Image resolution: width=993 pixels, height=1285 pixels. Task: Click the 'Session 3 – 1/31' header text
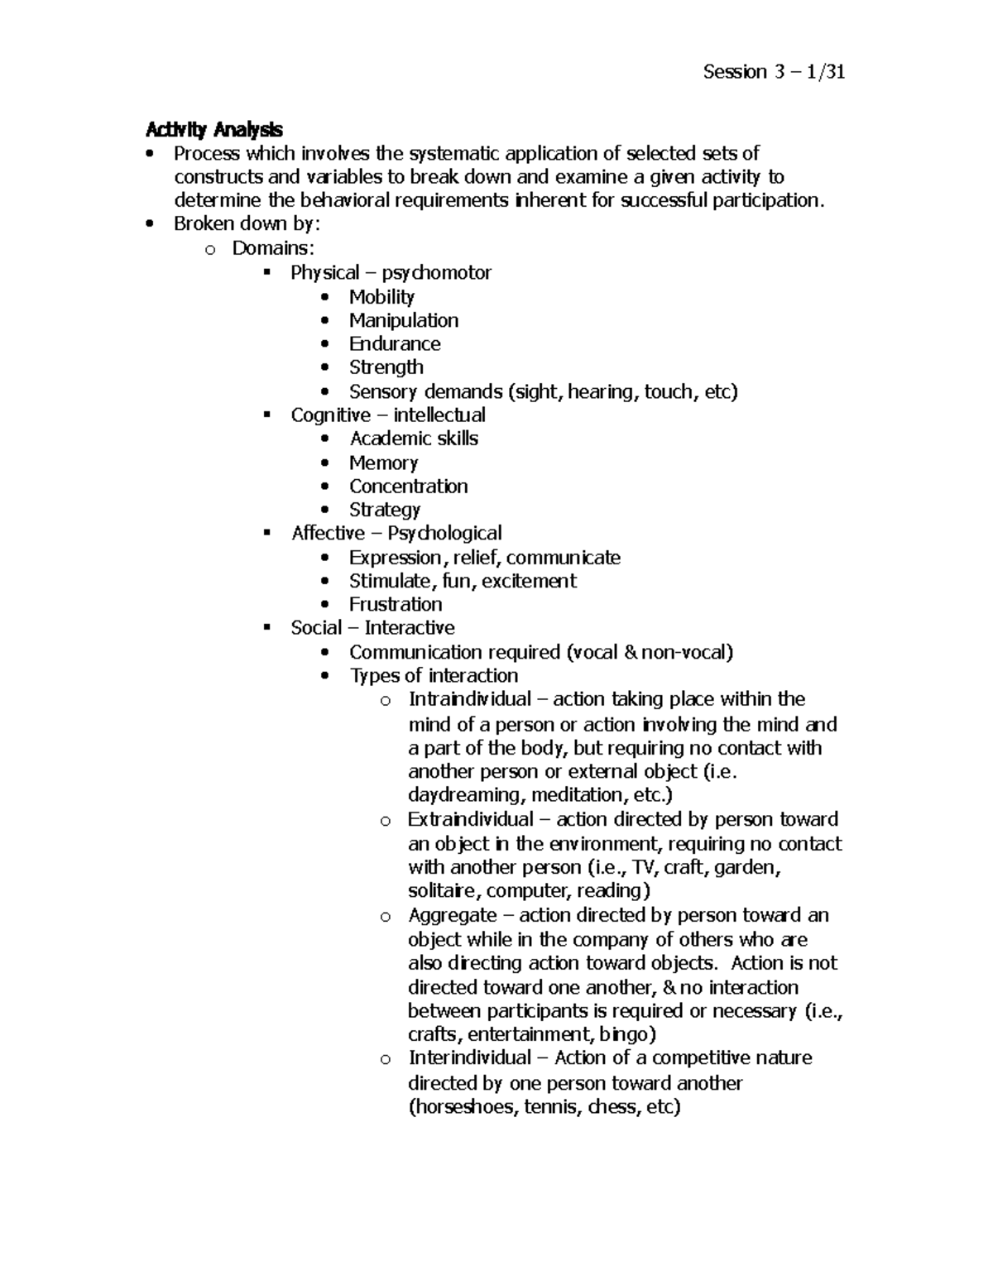tap(774, 72)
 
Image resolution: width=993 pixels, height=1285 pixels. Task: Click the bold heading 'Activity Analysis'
tap(213, 129)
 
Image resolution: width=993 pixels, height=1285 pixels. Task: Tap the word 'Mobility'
tap(381, 296)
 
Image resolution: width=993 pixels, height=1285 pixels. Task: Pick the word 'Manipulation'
tap(403, 320)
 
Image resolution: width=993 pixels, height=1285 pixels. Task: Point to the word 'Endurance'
tap(394, 343)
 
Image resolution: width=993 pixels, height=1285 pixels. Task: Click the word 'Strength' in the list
tap(386, 367)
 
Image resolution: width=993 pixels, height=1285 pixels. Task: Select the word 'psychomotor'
tap(436, 272)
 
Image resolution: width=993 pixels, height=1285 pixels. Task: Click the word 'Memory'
tap(383, 463)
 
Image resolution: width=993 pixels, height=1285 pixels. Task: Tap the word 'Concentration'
tap(408, 486)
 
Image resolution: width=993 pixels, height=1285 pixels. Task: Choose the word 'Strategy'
tap(385, 510)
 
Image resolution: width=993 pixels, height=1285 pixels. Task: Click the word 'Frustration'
tap(396, 604)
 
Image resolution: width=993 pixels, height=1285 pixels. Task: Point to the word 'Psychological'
tap(444, 533)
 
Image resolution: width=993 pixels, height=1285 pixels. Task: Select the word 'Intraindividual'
tap(469, 699)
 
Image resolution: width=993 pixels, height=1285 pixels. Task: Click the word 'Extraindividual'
tap(471, 819)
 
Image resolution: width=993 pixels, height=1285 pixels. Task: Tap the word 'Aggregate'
tap(452, 915)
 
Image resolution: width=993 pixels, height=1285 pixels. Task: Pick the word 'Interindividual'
tap(469, 1057)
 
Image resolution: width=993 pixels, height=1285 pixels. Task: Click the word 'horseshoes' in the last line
tap(464, 1107)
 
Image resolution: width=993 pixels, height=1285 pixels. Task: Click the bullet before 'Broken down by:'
tap(149, 223)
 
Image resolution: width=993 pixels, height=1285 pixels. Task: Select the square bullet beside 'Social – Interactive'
tap(266, 627)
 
